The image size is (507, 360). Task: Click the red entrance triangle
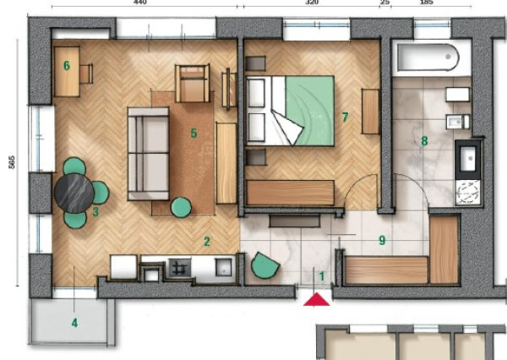[317, 299]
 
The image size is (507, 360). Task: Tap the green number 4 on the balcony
[74, 323]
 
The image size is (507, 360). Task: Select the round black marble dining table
[74, 194]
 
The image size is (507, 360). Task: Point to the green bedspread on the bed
[310, 111]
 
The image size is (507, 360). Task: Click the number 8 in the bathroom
[424, 140]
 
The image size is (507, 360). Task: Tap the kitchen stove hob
[178, 269]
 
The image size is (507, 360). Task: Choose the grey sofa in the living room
[149, 154]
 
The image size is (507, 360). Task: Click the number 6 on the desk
[67, 65]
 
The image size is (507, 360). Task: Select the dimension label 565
[12, 161]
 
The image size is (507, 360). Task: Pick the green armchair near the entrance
[264, 265]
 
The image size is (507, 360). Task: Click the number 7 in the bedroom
[345, 117]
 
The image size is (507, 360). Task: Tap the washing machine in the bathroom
[467, 193]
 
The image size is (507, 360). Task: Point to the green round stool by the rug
[181, 207]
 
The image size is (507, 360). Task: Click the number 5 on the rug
[194, 133]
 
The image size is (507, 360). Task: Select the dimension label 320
[312, 3]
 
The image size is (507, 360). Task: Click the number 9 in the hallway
[382, 240]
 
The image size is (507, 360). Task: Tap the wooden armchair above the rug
[193, 84]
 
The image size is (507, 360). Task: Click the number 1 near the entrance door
[321, 276]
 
